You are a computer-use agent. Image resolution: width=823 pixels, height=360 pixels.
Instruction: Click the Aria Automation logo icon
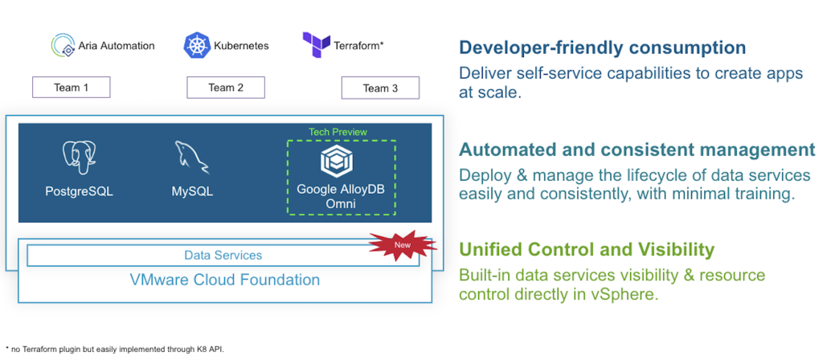tap(62, 45)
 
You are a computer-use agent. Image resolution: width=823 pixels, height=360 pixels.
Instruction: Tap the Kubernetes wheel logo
tap(196, 45)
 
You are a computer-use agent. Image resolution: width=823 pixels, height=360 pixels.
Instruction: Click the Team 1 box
tap(71, 88)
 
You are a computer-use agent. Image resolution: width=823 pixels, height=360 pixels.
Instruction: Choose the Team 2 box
tap(226, 88)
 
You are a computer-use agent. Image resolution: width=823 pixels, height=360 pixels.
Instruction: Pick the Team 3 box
tap(380, 88)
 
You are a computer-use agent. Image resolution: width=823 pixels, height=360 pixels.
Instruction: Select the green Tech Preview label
tap(338, 132)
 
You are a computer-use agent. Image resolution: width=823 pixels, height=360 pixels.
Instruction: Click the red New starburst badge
tap(403, 245)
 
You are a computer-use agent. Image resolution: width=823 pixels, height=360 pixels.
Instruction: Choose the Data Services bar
tap(223, 256)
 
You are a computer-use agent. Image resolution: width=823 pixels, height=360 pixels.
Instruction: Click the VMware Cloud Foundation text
tap(224, 280)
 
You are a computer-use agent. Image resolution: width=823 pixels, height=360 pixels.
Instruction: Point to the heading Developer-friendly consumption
tap(602, 47)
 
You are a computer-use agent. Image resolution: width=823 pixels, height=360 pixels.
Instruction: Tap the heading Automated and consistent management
tap(637, 149)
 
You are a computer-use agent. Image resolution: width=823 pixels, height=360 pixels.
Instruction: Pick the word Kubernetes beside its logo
tap(241, 45)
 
